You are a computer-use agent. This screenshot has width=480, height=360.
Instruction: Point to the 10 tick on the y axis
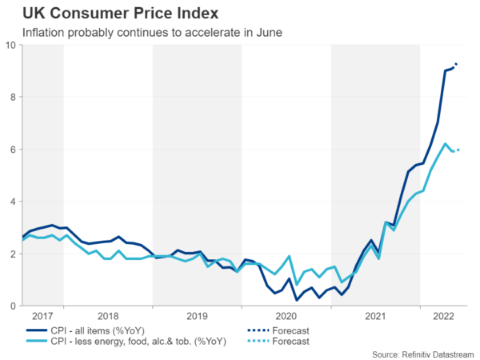(11, 45)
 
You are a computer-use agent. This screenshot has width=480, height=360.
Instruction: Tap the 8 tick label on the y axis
(14, 97)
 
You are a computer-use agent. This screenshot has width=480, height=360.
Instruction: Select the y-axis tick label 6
(14, 150)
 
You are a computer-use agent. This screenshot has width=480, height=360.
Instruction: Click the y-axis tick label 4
(14, 202)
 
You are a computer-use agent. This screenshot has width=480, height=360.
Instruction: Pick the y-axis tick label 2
(14, 254)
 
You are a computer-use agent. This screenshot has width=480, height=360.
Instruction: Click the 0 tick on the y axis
(14, 306)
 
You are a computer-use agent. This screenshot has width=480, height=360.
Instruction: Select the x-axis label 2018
(108, 317)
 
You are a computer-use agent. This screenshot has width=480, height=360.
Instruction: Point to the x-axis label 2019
(197, 317)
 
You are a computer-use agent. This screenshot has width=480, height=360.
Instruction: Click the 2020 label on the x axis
(286, 317)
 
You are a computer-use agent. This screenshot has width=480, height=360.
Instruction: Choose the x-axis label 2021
(374, 317)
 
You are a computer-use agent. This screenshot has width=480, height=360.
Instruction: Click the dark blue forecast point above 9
(456, 64)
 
